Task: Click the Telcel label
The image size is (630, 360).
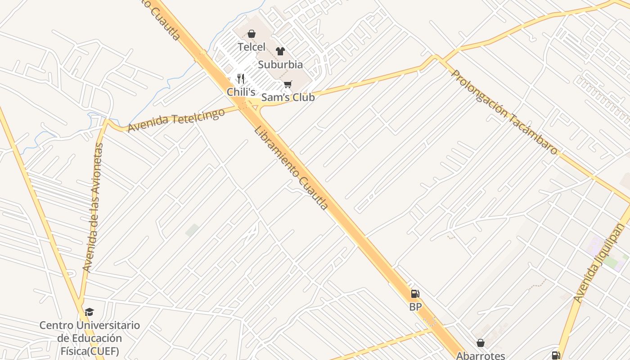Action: click(252, 47)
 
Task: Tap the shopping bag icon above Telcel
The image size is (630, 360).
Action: click(252, 34)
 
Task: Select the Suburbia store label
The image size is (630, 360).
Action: click(280, 65)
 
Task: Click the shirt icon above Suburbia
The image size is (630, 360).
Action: click(280, 51)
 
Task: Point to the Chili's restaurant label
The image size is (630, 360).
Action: click(241, 92)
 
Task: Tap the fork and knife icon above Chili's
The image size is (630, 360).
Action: click(241, 79)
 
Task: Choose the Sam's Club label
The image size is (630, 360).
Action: click(288, 97)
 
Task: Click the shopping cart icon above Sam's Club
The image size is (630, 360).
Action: click(288, 84)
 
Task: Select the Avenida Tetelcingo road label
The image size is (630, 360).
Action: click(176, 120)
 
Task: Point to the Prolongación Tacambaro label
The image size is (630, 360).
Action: click(504, 112)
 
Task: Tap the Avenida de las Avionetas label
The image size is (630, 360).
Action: click(93, 207)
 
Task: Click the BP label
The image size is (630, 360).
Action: click(415, 307)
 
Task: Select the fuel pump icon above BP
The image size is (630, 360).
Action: click(415, 294)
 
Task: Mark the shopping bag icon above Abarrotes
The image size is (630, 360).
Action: click(481, 343)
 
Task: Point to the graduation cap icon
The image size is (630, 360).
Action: click(90, 312)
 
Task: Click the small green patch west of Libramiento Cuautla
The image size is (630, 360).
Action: click(192, 230)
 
